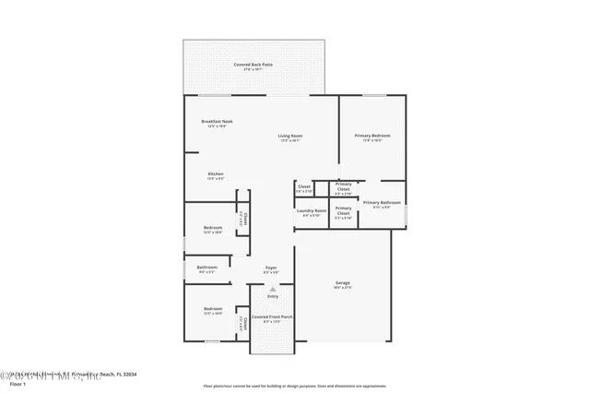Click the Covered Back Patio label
click(254, 65)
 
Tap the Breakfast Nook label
click(217, 122)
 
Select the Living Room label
click(290, 137)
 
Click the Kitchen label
click(215, 173)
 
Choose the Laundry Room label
click(312, 210)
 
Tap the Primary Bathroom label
click(381, 202)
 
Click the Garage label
click(342, 282)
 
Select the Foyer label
click(271, 268)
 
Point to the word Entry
click(273, 296)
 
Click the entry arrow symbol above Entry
click(273, 288)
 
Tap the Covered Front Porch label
click(272, 316)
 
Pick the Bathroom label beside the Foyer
click(206, 268)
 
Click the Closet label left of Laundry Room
click(303, 186)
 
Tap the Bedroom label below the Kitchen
click(213, 227)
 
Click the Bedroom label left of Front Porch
click(213, 308)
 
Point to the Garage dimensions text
click(342, 288)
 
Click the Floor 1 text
click(18, 383)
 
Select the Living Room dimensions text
click(290, 141)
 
